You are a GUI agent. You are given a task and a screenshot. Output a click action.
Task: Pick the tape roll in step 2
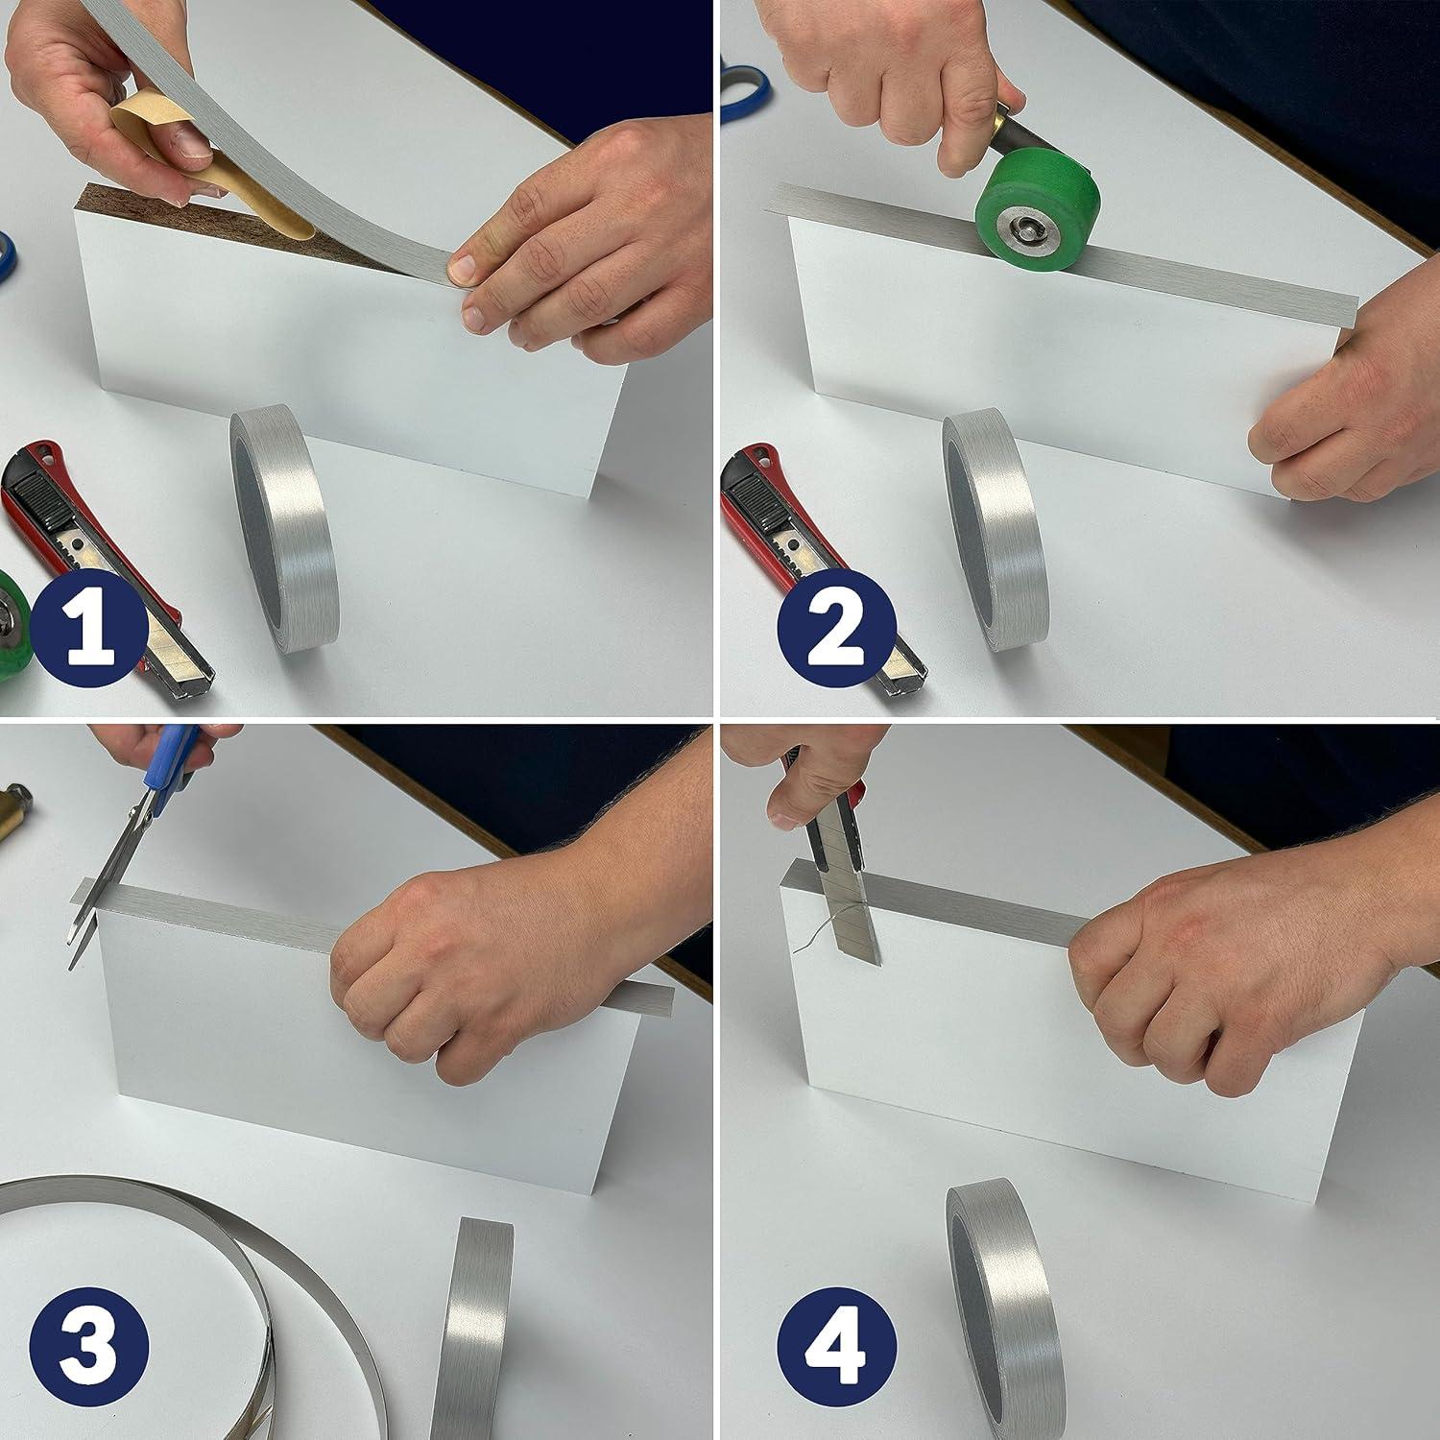[x=994, y=528]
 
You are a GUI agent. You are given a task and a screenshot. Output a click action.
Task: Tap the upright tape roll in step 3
[x=477, y=1330]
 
